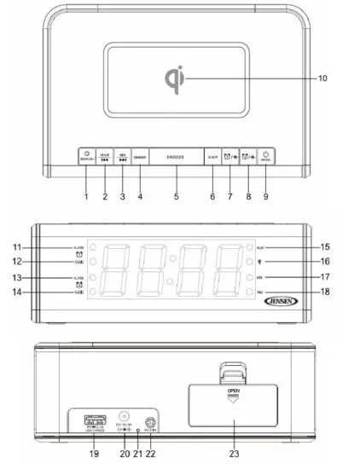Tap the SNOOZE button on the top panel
(177, 158)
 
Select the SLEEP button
(212, 158)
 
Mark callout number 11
(40, 246)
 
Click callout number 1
(86, 196)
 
